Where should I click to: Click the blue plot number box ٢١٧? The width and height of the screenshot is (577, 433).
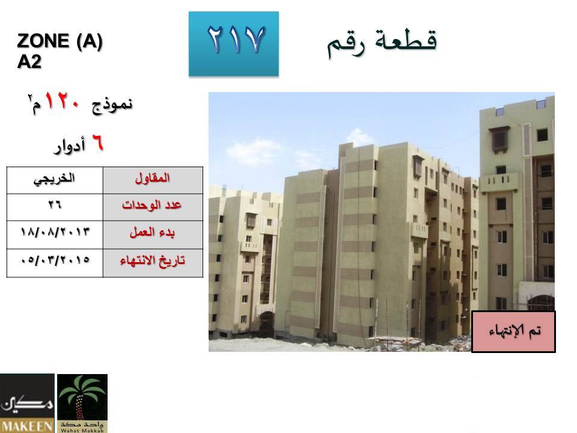coord(234,44)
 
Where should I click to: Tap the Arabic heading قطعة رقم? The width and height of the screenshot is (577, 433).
coord(382,43)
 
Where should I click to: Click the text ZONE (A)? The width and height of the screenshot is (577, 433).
coord(60,40)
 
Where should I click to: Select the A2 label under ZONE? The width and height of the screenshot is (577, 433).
coord(29,61)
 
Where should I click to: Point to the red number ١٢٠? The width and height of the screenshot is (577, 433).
coord(62,101)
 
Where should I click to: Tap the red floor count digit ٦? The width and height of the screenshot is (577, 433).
coord(97,143)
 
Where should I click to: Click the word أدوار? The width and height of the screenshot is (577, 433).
coord(70,146)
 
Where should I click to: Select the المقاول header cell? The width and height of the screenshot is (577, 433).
coord(153,180)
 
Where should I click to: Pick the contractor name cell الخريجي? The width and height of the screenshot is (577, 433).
coord(55,180)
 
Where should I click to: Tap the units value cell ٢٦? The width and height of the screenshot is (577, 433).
coord(55,207)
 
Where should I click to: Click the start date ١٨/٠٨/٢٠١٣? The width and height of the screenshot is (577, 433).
coord(55,232)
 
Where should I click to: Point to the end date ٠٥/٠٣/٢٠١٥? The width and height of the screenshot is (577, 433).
coord(55,260)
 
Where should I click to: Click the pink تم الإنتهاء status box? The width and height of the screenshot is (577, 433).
coord(513,331)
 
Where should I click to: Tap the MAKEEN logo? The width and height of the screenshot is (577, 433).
coord(27,403)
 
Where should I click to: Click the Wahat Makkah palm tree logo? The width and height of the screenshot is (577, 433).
coord(82,403)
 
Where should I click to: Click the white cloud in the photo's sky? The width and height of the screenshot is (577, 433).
coord(254,152)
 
